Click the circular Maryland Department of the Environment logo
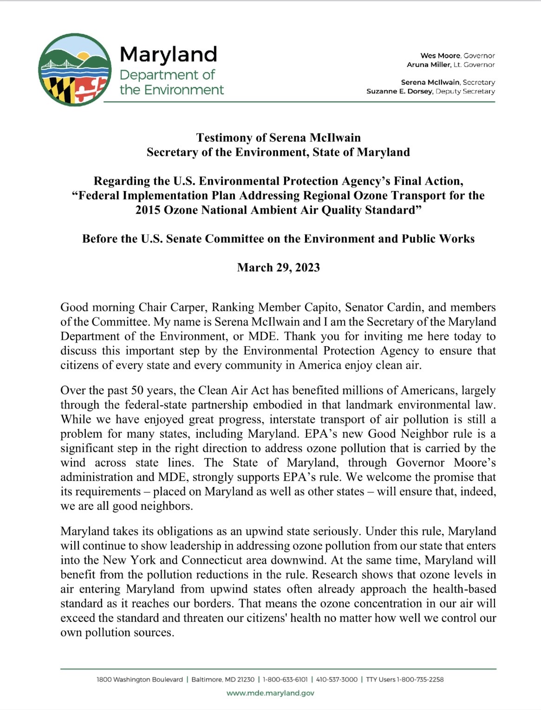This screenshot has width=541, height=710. tap(75, 70)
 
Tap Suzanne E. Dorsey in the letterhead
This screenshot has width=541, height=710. tap(399, 91)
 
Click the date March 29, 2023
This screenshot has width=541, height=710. tap(278, 268)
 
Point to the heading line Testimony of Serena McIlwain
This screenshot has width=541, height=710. tap(278, 138)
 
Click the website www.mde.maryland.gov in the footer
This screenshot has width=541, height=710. tap(270, 693)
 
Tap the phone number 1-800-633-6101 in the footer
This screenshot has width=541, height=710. tap(285, 679)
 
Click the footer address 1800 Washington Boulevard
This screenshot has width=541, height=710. tap(139, 679)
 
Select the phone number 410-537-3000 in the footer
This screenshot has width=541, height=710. tap(337, 679)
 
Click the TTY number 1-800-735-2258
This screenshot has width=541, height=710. tap(420, 679)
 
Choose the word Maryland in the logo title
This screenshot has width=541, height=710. tap(168, 55)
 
